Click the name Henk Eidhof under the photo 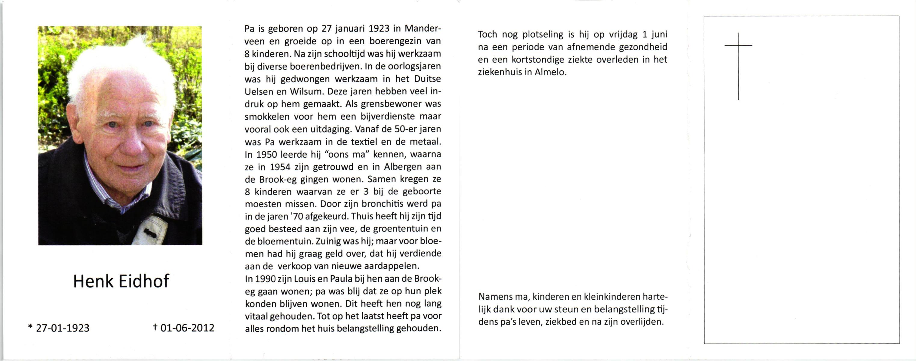coord(121,281)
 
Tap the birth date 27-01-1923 coord(63,328)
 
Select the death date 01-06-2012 coord(187,328)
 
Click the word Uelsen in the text coord(259,91)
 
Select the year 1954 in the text coord(280,166)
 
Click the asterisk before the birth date coord(30,326)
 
